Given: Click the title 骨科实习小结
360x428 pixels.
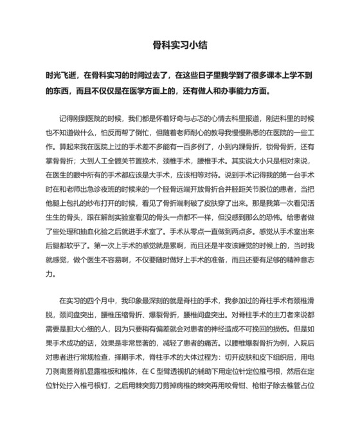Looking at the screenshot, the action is click(180, 46).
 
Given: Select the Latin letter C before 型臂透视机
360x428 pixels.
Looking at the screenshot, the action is click(151, 371).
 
